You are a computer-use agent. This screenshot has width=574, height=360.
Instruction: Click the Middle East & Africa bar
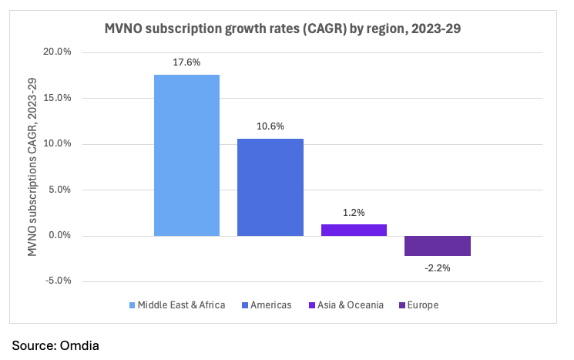point(186,155)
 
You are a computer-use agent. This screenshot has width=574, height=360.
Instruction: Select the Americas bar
point(270,187)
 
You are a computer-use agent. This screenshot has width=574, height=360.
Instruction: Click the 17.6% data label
point(186,62)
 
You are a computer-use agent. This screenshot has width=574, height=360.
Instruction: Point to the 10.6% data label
point(270,126)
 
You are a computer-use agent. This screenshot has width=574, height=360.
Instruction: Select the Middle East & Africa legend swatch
point(132,305)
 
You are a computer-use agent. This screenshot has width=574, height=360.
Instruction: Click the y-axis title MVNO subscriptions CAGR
point(32,167)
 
